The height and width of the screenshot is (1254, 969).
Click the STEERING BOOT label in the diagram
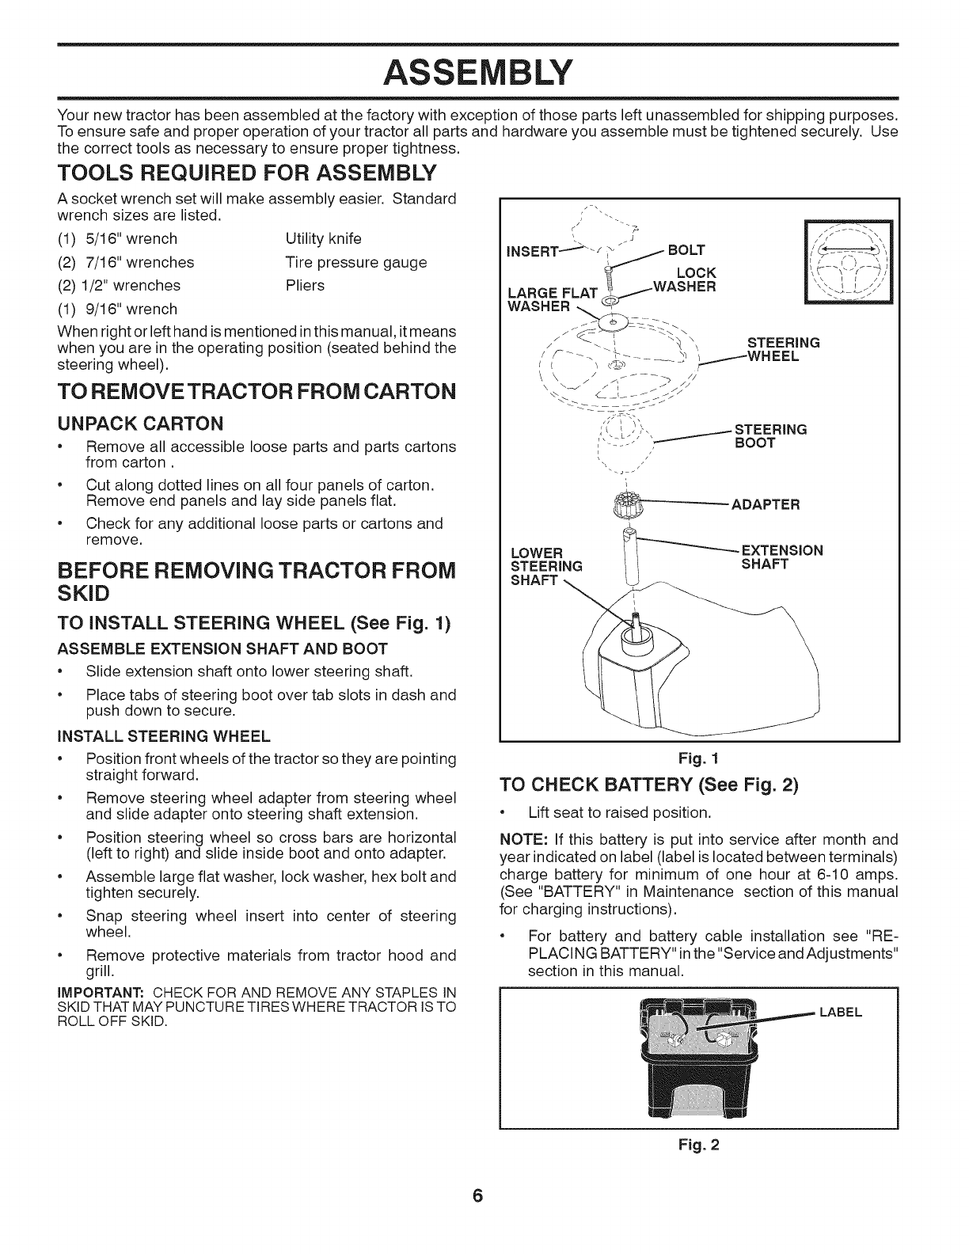770,436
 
